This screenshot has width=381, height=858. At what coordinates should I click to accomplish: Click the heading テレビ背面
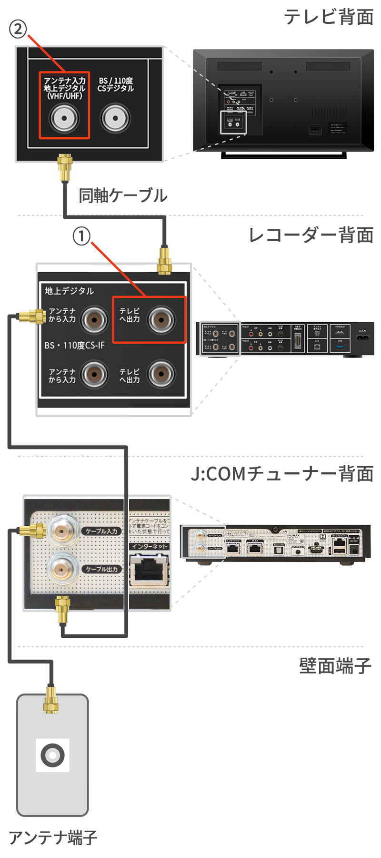point(329,17)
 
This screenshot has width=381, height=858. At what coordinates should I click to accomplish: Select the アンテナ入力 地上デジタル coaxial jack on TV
point(64,118)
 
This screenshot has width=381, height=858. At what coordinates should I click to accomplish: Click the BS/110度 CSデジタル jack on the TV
point(115,118)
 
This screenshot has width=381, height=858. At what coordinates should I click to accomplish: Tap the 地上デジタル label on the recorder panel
point(69,291)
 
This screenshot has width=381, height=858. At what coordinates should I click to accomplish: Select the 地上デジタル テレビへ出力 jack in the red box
point(161,320)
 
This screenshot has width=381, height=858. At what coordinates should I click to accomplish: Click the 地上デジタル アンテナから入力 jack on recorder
point(94,320)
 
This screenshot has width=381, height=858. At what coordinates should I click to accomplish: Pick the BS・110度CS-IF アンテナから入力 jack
point(94,375)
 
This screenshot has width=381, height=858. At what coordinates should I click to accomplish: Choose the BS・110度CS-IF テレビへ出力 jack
point(161,375)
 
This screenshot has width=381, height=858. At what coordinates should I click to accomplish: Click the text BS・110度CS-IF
point(74,345)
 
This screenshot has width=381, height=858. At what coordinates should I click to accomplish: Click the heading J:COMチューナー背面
point(282,474)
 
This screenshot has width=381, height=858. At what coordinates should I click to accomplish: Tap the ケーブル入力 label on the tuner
point(101,531)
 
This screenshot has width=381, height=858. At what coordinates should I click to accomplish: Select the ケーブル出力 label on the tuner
point(101,569)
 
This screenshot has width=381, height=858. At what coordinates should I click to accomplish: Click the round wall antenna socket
point(52,755)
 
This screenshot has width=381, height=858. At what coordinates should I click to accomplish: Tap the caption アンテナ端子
point(53,838)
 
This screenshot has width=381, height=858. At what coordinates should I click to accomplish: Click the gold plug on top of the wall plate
point(51,700)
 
